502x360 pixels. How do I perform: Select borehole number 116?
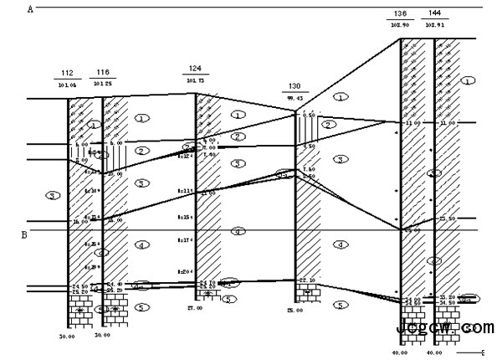click(x=103, y=71)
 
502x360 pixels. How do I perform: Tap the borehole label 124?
click(x=196, y=69)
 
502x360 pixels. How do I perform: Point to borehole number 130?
click(x=295, y=86)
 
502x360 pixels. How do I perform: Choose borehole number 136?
click(x=400, y=14)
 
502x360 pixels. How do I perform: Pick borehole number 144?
click(x=435, y=14)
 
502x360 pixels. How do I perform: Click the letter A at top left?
click(x=30, y=9)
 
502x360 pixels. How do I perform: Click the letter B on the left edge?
click(x=24, y=235)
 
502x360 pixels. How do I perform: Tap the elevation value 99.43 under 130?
click(x=295, y=98)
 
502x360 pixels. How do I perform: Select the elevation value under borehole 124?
click(x=196, y=80)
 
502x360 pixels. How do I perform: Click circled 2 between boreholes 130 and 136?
click(x=330, y=124)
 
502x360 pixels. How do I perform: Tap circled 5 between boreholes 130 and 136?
click(x=340, y=305)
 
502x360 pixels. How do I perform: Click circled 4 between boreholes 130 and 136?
click(x=340, y=244)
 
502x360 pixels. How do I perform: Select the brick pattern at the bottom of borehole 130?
click(x=306, y=292)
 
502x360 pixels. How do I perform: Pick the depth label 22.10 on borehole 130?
click(x=306, y=280)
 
